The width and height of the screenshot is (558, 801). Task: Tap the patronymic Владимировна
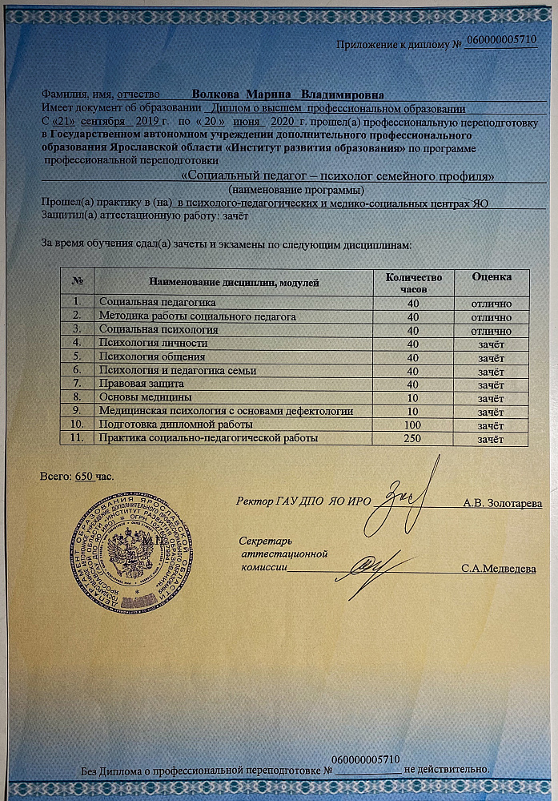point(337,95)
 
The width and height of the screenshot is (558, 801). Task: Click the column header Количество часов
point(413,282)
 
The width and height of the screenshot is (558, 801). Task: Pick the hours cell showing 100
point(413,425)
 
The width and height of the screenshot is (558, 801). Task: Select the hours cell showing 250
point(413,438)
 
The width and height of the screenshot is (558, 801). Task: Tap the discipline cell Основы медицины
point(144,397)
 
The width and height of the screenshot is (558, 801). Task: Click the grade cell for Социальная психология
point(492,331)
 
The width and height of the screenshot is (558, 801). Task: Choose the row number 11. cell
point(77,438)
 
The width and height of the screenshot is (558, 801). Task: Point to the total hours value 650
point(85,477)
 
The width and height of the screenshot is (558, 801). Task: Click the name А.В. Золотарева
point(503,504)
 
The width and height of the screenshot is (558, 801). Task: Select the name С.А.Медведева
point(499,569)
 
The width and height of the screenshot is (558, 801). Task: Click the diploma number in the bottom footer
point(365,759)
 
